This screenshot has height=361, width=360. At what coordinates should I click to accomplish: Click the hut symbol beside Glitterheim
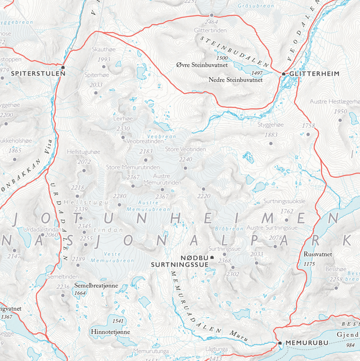pos(284,74)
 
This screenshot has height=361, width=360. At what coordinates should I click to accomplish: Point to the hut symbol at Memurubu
pos(280,343)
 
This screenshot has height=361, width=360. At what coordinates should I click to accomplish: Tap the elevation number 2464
pos(212,22)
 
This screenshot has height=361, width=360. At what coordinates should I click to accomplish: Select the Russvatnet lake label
pos(317,255)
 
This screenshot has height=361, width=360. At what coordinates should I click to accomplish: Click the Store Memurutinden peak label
pos(133,167)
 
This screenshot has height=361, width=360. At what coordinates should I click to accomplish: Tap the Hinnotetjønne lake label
pos(111,332)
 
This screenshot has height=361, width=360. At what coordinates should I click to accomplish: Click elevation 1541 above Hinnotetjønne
pos(119,321)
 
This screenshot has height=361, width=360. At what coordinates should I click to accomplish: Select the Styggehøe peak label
pos(272,124)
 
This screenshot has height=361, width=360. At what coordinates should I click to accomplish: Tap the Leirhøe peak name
pos(123,118)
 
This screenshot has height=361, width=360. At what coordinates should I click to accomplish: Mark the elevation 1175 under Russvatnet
pos(310,264)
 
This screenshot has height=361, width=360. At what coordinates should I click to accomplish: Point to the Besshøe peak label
pos(336,270)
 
